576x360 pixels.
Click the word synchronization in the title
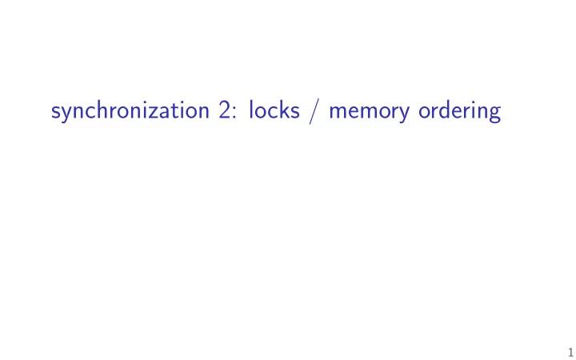(130, 111)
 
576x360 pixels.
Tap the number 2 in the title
(225, 110)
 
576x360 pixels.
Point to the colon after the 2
(234, 113)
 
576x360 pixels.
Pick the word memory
(369, 113)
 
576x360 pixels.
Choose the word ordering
(459, 111)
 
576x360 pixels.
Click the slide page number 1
(570, 351)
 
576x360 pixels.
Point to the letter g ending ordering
(494, 114)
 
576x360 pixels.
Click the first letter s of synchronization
(55, 113)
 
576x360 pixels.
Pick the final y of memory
(404, 114)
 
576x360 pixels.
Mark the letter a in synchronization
(158, 113)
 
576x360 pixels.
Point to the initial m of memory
(338, 112)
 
